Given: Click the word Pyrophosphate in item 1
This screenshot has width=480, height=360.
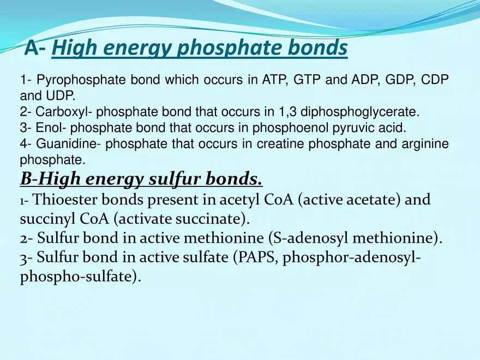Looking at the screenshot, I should pos(69,80).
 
